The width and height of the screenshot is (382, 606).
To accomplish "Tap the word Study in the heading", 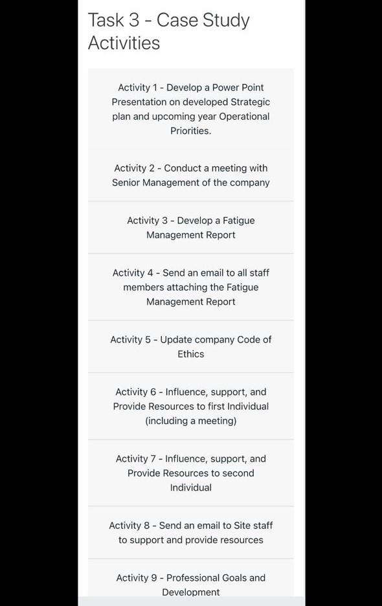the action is coord(226,20).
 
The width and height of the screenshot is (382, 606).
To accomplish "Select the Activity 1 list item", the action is coord(190,109).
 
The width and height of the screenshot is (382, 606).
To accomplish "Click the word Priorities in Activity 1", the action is coord(190,131).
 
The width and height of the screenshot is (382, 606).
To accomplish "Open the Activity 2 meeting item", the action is coord(190,175).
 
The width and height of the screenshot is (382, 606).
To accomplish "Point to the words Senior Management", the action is coord(161,183).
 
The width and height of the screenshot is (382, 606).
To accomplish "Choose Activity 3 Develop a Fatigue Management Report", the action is coord(190,227).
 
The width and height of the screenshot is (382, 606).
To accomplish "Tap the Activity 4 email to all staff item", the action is coord(190,287).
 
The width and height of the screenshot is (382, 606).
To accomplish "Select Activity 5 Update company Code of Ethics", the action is coord(190,346).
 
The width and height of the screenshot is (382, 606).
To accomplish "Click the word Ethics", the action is coord(191,354).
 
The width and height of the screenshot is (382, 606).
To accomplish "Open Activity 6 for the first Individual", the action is coord(190,406).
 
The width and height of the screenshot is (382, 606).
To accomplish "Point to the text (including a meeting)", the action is coord(191,421).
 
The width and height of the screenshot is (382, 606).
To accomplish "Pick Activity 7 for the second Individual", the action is coord(190,473).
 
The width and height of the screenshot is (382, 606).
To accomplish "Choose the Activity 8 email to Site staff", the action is coord(190,532).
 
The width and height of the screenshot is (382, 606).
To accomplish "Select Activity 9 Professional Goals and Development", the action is coord(190,584).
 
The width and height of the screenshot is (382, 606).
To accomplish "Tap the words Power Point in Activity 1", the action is coord(238,87).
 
